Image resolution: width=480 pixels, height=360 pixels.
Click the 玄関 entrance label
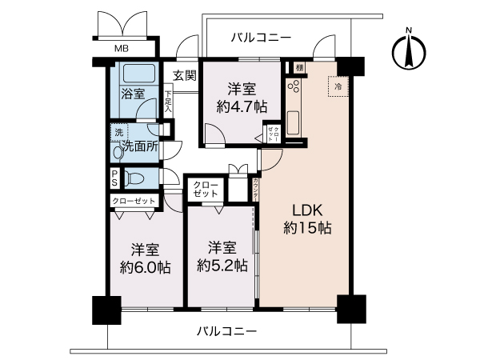pyautogui.click(x=184, y=76)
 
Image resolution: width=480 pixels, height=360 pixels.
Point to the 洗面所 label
pyautogui.click(x=139, y=146)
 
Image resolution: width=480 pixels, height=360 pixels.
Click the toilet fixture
pyautogui.click(x=135, y=177)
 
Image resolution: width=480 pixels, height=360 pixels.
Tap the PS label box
pyautogui.click(x=114, y=177)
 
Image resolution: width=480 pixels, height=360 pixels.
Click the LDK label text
pyautogui.click(x=306, y=210)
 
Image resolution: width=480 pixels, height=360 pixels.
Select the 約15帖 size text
pyautogui.click(x=306, y=228)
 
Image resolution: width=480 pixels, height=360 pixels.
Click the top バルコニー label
pyautogui.click(x=262, y=37)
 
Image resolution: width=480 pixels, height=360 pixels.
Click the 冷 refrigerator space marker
pyautogui.click(x=338, y=86)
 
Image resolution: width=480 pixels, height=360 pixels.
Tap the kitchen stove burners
pyautogui.click(x=293, y=86)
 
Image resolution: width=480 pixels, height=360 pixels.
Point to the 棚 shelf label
pyautogui.click(x=298, y=68)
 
